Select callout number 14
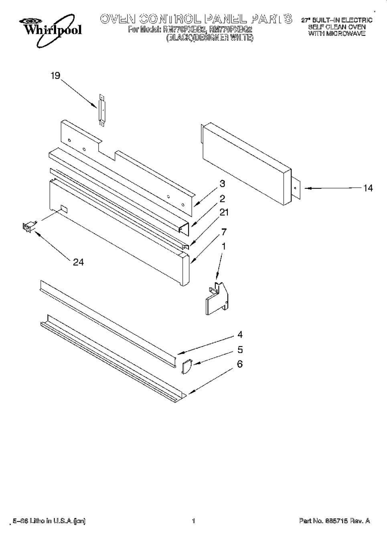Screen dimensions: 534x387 click(367, 188)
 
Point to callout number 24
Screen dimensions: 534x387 click(78, 262)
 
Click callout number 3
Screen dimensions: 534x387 click(222, 184)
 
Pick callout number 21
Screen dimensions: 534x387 click(224, 212)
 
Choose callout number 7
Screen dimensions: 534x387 click(224, 232)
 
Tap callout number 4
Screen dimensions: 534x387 click(240, 335)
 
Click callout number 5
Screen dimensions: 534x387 click(240, 350)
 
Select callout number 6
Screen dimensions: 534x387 click(240, 364)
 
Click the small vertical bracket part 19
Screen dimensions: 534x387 click(101, 111)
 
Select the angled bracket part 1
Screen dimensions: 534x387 click(217, 297)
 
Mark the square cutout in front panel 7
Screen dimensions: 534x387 click(63, 209)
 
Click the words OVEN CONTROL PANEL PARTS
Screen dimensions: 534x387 click(196, 19)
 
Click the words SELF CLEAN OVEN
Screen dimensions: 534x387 click(337, 27)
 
